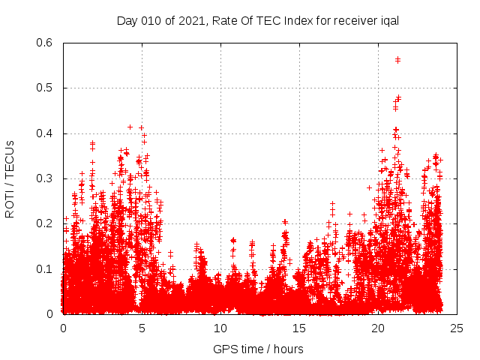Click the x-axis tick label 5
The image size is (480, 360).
click(142, 328)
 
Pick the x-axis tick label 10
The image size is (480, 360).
click(220, 328)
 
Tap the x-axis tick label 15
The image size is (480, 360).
click(299, 328)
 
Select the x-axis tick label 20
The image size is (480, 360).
click(378, 328)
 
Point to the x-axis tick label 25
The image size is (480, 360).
click(457, 328)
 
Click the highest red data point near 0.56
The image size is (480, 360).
click(397, 59)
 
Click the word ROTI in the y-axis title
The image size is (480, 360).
click(10, 203)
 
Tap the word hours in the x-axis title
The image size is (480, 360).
click(287, 349)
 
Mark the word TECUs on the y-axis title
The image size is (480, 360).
click(10, 158)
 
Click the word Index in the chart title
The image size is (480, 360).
click(283, 20)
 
